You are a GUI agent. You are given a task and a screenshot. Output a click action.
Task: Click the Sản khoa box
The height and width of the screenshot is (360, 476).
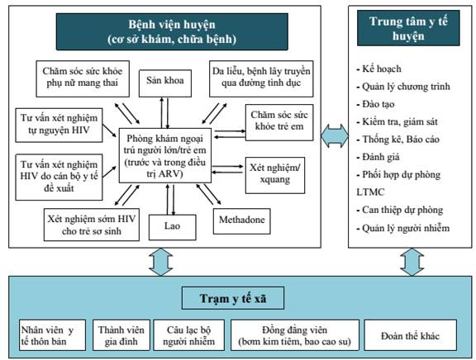tap(165, 83)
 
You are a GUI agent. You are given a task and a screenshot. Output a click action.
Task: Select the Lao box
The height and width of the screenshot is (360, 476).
tap(173, 227)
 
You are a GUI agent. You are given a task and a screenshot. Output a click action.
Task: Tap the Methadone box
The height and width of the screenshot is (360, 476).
tap(241, 221)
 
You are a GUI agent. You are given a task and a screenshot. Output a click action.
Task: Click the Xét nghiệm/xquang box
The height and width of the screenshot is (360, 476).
tap(275, 175)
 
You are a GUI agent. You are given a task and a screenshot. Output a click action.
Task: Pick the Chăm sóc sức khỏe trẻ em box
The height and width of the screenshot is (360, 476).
tap(279, 122)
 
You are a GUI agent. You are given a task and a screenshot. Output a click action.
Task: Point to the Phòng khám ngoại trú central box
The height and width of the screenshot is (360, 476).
tap(164, 155)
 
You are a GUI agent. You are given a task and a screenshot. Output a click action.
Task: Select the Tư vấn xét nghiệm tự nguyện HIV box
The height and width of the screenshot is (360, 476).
tap(59, 125)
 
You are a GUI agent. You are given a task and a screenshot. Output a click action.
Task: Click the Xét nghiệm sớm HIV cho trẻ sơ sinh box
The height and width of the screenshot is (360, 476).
tap(92, 225)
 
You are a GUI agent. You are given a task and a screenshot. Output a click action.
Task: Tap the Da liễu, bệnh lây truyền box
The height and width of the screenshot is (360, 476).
tap(261, 78)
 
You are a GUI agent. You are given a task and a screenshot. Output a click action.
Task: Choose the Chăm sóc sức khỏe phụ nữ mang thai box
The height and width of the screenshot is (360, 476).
tap(83, 78)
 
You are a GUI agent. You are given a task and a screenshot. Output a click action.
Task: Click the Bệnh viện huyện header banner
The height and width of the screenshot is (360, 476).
tap(172, 31)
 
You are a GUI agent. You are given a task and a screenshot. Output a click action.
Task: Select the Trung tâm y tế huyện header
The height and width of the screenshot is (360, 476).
tap(408, 28)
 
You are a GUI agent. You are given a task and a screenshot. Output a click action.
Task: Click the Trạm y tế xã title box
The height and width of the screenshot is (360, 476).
tap(233, 298)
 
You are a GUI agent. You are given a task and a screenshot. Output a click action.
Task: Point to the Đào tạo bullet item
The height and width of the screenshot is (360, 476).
tap(375, 104)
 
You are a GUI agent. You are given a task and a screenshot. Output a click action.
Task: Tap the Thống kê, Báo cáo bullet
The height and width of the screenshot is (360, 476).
tap(398, 140)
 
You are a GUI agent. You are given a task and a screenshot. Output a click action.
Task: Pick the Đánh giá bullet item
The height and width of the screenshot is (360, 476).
tap(378, 157)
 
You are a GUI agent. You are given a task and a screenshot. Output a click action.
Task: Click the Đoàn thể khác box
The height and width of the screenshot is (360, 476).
tap(410, 335)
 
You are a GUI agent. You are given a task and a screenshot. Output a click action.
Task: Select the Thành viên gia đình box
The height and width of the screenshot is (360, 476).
tap(121, 335)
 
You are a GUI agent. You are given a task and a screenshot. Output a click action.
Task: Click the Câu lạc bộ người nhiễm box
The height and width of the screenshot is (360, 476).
tap(188, 335)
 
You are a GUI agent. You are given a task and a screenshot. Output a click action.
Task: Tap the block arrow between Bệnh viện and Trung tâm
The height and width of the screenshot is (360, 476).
tap(335, 136)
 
